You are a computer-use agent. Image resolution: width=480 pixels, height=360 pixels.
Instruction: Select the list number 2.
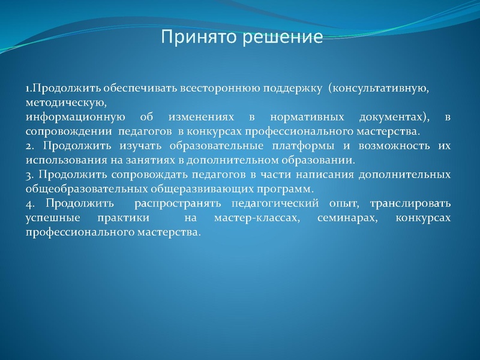(29, 146)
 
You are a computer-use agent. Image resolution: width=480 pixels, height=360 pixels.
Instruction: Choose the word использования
(66, 160)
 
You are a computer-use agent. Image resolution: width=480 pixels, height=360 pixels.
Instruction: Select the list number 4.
(29, 203)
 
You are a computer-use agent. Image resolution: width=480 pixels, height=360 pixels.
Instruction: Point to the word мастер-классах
(256, 217)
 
